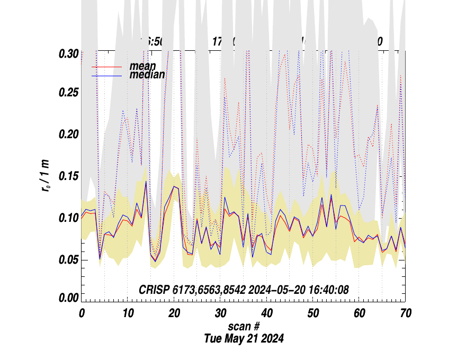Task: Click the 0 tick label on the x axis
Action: pyautogui.click(x=82, y=313)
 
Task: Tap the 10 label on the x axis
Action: pyautogui.click(x=128, y=313)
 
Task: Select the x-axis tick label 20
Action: pyautogui.click(x=174, y=313)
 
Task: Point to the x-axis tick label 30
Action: pyautogui.click(x=220, y=313)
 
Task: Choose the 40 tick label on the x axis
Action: pyautogui.click(x=266, y=313)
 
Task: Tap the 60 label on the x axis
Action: pyautogui.click(x=359, y=313)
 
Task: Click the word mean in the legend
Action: pyautogui.click(x=142, y=67)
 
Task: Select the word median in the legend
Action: pyautogui.click(x=147, y=75)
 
